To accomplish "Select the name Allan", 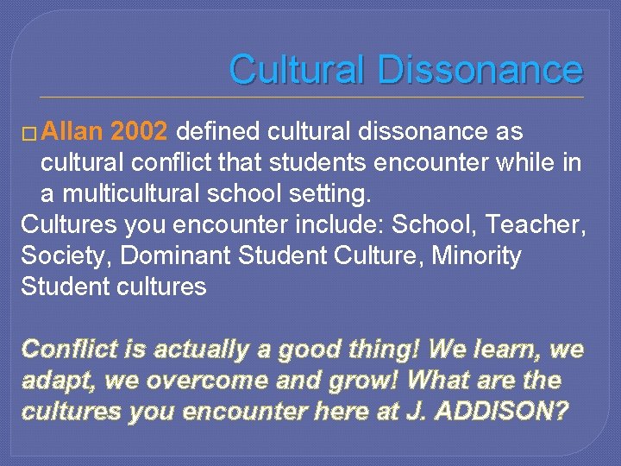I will (72, 132).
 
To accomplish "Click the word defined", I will (220, 132).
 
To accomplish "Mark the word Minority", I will (478, 256).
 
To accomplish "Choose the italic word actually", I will (196, 350).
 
